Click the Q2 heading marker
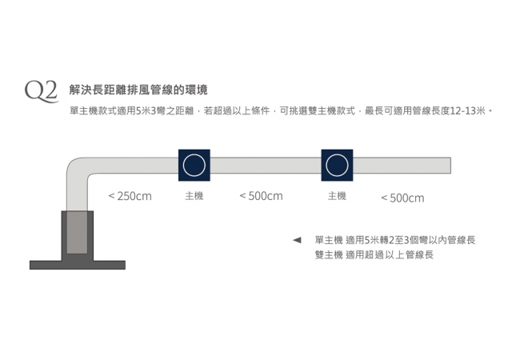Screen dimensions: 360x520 pos(41,91)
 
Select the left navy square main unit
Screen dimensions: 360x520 pos(194,165)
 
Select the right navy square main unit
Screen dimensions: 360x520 pos(337,165)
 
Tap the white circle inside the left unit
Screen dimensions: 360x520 pos(194,165)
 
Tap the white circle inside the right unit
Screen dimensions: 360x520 pos(337,165)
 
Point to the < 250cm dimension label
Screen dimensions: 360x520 pos(130,196)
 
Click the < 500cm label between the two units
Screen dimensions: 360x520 pos(261,196)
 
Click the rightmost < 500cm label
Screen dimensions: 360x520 pos(402,198)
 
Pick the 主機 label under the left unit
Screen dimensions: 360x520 pos(194,196)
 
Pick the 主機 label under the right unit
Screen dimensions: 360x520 pos(337,196)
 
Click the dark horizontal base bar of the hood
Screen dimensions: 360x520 pos(78,265)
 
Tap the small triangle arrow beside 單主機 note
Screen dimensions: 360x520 pos(297,240)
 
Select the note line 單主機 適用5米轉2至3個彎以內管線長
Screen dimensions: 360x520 pos(394,240)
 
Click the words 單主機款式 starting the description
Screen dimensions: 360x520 pos(92,110)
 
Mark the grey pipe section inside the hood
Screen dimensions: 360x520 pos(77,232)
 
